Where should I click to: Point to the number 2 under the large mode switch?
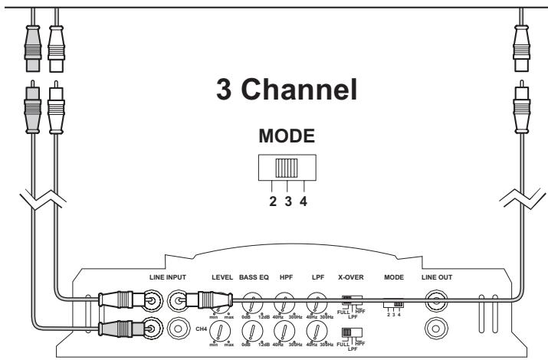[271, 202]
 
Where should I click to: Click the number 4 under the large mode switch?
[304, 202]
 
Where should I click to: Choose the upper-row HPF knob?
[284, 302]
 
